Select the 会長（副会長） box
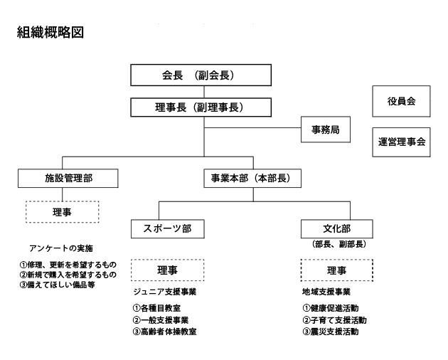tap(203, 74)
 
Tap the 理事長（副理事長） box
tap(203, 108)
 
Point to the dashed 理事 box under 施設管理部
tap(62, 211)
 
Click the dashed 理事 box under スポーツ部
tap(168, 270)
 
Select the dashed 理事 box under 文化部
tap(337, 270)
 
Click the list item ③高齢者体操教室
tap(165, 332)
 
